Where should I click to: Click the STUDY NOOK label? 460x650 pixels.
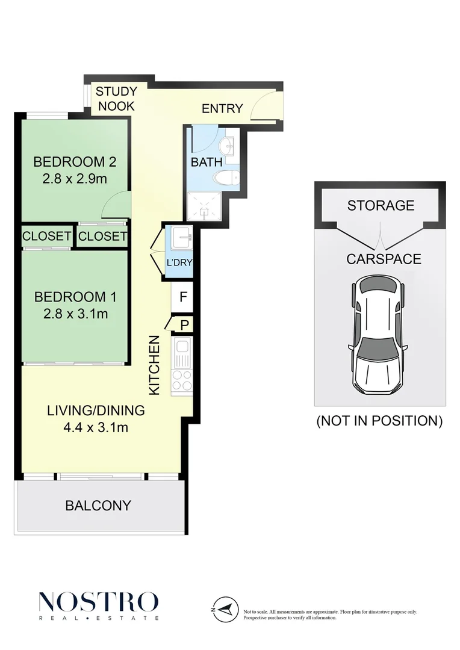[116, 99]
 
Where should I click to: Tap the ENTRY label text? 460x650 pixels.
[222, 108]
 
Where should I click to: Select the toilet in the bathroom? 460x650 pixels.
[228, 178]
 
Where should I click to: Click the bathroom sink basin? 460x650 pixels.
[228, 144]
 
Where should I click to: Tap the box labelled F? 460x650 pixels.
[183, 296]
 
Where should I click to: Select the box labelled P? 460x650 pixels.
[184, 326]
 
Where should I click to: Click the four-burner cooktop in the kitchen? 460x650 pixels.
[182, 379]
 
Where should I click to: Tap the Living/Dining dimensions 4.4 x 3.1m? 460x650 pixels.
[96, 428]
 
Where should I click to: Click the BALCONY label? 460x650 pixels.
[98, 506]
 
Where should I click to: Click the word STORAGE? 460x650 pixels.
[381, 205]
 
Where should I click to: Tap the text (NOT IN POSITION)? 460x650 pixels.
[379, 421]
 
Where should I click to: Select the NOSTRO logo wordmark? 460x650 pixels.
[98, 602]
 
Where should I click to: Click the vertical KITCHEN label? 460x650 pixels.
[155, 365]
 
